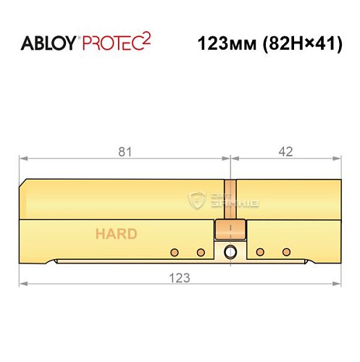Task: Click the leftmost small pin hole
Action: click(x=174, y=252)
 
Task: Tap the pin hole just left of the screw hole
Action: click(x=201, y=252)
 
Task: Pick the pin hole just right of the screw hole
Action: click(x=259, y=252)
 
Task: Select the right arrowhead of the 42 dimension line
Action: click(x=338, y=157)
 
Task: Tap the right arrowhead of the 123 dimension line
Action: click(x=338, y=283)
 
